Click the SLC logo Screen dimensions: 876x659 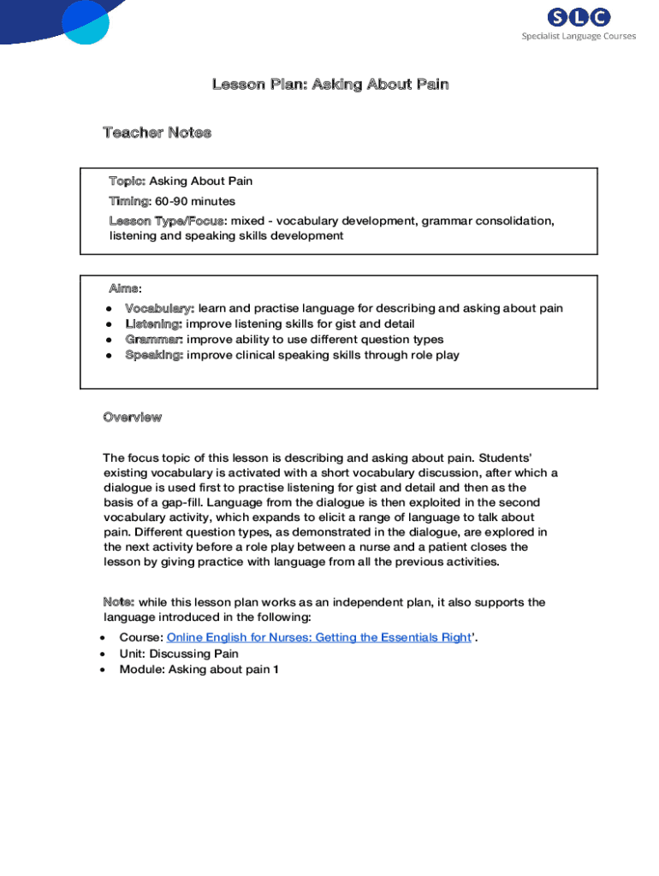(579, 17)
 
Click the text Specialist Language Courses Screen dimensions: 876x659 (579, 36)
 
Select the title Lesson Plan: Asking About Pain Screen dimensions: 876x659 (330, 84)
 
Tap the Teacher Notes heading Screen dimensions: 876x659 (157, 133)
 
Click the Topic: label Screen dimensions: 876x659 (128, 181)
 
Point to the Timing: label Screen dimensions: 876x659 (129, 201)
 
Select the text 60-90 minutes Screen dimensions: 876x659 (195, 201)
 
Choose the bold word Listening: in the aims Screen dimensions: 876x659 (154, 323)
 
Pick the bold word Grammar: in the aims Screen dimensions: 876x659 (154, 339)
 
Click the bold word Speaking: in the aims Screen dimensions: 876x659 (154, 354)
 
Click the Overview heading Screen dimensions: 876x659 (132, 417)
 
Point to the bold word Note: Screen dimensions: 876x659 (118, 602)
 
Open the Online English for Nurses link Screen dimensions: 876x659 (318, 637)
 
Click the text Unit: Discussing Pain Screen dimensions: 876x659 (179, 654)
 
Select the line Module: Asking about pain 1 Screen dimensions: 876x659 (199, 669)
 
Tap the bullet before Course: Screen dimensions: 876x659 (103, 638)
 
